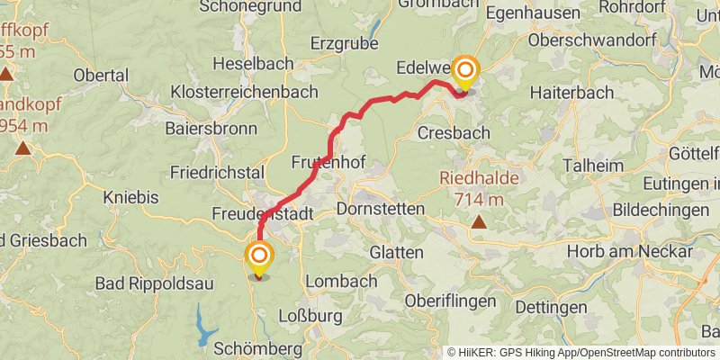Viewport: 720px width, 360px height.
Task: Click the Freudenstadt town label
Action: [x=263, y=215]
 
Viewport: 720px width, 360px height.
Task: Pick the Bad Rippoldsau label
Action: [x=156, y=284]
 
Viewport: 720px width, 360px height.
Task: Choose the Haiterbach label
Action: [x=571, y=93]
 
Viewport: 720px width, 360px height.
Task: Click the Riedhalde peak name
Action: [x=479, y=178]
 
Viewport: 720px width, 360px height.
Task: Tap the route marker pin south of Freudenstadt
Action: [x=260, y=257]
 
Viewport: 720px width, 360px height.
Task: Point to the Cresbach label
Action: [x=454, y=133]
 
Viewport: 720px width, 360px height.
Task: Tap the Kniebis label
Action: [x=130, y=197]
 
